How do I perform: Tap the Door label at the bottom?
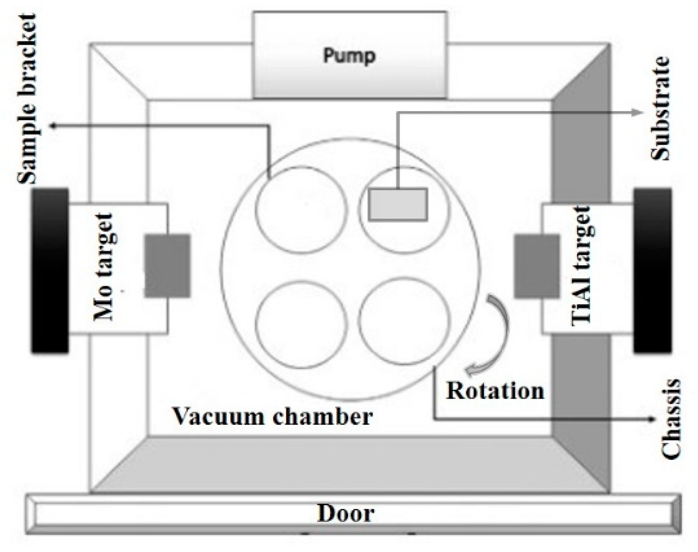tap(345, 513)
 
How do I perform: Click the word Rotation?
tap(495, 391)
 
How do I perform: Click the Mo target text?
tap(104, 267)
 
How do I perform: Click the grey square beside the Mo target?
tap(167, 265)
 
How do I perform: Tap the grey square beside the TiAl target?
tap(537, 266)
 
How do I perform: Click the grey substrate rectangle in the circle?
tap(398, 204)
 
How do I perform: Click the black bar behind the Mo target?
tap(50, 271)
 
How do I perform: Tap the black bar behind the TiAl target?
tap(653, 271)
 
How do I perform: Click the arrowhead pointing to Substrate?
tap(639, 113)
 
